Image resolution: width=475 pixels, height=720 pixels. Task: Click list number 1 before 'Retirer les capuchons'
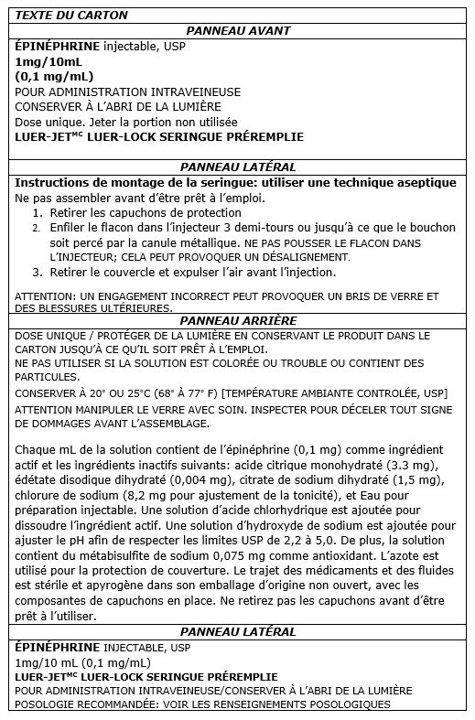(x=36, y=211)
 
